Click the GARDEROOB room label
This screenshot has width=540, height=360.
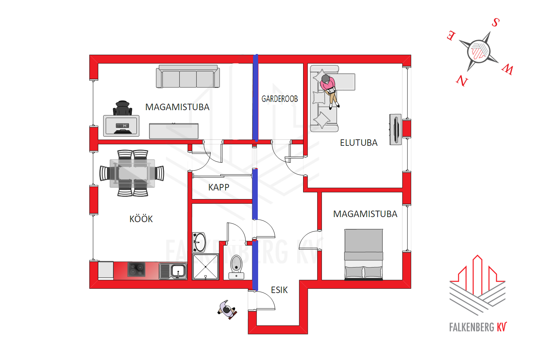click(280, 99)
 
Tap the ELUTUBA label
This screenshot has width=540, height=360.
click(359, 143)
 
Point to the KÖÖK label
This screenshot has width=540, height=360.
click(141, 219)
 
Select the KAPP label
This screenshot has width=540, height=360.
click(219, 187)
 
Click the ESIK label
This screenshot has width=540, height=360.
click(279, 290)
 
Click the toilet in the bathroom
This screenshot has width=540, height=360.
click(236, 267)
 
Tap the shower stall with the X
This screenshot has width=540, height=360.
click(206, 267)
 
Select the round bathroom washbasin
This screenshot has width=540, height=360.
click(199, 242)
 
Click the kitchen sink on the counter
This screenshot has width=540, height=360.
click(173, 271)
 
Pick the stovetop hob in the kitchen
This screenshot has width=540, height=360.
click(136, 269)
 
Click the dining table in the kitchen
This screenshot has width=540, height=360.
click(132, 174)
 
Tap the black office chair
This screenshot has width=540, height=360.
click(122, 108)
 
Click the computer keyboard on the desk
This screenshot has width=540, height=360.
click(122, 126)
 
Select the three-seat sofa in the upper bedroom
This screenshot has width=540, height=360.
click(188, 76)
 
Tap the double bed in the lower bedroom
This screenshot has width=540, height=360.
click(364, 255)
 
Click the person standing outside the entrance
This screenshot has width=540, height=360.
click(227, 310)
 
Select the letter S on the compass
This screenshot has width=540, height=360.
click(496, 22)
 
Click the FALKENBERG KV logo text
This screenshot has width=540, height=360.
click(478, 327)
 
